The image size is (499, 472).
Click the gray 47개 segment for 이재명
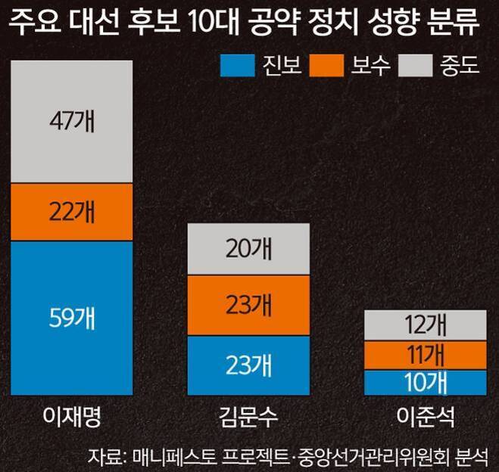[x=72, y=122]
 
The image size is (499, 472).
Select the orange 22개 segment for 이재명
[x=72, y=213]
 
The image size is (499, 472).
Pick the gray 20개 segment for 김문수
[x=248, y=250]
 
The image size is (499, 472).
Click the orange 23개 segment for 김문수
[x=248, y=306]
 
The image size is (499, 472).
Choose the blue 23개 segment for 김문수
[x=248, y=365]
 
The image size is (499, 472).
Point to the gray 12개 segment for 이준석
[x=425, y=325]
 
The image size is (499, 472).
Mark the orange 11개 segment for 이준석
[x=425, y=356]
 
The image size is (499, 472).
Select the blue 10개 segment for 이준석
[x=425, y=383]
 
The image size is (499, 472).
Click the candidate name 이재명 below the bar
[x=72, y=417]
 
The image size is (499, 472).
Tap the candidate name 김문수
[x=248, y=417]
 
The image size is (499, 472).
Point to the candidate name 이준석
[x=425, y=417]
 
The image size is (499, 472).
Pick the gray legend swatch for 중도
[x=419, y=64]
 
